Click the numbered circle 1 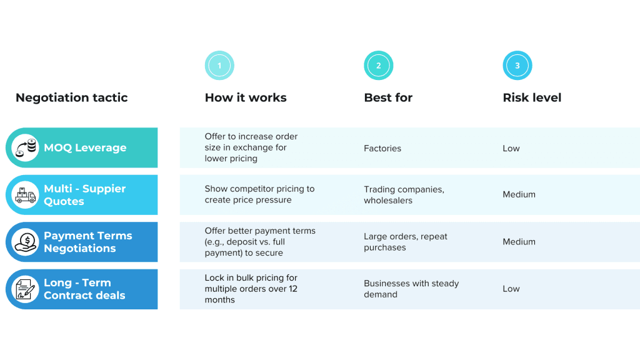(219, 66)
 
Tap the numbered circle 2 (378, 66)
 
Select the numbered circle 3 (517, 66)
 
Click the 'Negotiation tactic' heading (71, 97)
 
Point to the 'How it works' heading (246, 97)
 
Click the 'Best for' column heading (388, 97)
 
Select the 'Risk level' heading (532, 97)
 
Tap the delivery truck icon (26, 195)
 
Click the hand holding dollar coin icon (26, 242)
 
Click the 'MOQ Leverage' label (85, 148)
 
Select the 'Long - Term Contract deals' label (84, 289)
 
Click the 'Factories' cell (382, 148)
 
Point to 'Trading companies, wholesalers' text (404, 195)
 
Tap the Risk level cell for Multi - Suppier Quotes (519, 194)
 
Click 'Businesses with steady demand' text (411, 289)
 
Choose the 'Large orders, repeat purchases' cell (406, 242)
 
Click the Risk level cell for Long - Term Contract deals (511, 289)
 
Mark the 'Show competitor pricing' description (259, 194)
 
